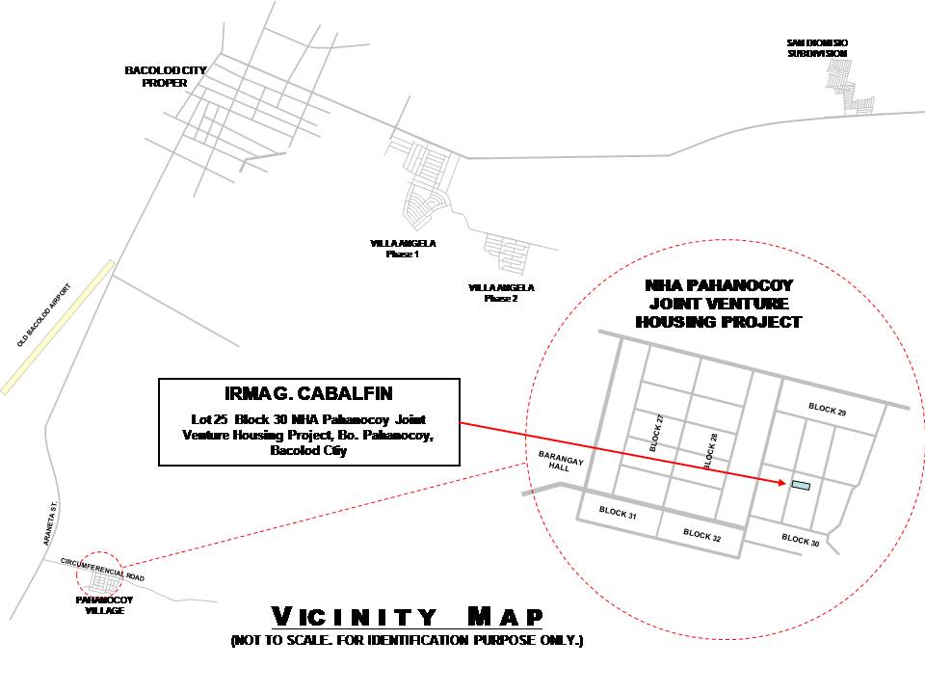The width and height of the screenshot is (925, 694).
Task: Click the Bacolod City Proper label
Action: pyautogui.click(x=165, y=77)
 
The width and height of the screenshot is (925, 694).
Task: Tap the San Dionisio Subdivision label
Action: pyautogui.click(x=818, y=48)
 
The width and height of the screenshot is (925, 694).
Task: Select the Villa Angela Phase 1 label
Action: pyautogui.click(x=403, y=249)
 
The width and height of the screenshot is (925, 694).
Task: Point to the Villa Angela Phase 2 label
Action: pyautogui.click(x=501, y=293)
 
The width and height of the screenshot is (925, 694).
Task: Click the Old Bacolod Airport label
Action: pyautogui.click(x=44, y=315)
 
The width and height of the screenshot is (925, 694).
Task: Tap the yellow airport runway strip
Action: pyautogui.click(x=58, y=327)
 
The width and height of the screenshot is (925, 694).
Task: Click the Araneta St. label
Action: pyautogui.click(x=51, y=523)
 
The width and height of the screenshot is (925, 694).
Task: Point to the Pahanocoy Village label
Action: pyautogui.click(x=104, y=605)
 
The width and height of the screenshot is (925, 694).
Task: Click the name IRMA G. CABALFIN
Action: pyautogui.click(x=308, y=393)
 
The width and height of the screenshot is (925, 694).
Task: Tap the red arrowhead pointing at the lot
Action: pyautogui.click(x=780, y=482)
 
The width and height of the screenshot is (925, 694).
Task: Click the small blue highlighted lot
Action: pyautogui.click(x=801, y=486)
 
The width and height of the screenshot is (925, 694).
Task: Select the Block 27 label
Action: pyautogui.click(x=656, y=433)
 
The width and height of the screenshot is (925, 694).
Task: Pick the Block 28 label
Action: pyautogui.click(x=710, y=451)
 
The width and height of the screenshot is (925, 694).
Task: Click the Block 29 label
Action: pyautogui.click(x=827, y=409)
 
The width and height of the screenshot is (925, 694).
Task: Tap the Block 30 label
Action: pyautogui.click(x=801, y=540)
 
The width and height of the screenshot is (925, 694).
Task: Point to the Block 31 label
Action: pyautogui.click(x=618, y=512)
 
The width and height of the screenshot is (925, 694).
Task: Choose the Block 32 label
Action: pyautogui.click(x=702, y=535)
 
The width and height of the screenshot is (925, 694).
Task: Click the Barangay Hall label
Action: pyautogui.click(x=561, y=462)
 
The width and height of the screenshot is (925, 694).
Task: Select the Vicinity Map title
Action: pyautogui.click(x=407, y=617)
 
